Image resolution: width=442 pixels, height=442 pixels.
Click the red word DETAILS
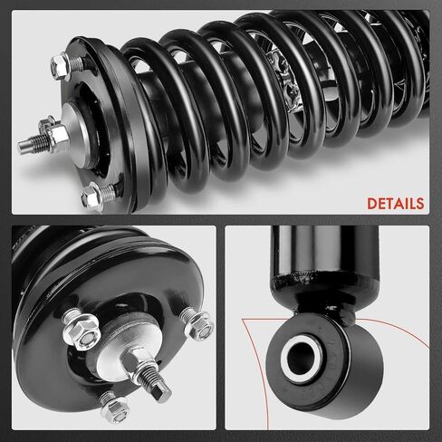(x=396, y=204)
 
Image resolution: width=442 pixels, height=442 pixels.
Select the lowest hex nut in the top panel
(x=91, y=196)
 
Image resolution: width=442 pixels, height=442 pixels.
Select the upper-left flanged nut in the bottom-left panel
(x=80, y=330)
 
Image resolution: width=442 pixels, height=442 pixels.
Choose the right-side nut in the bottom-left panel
(x=197, y=323)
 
